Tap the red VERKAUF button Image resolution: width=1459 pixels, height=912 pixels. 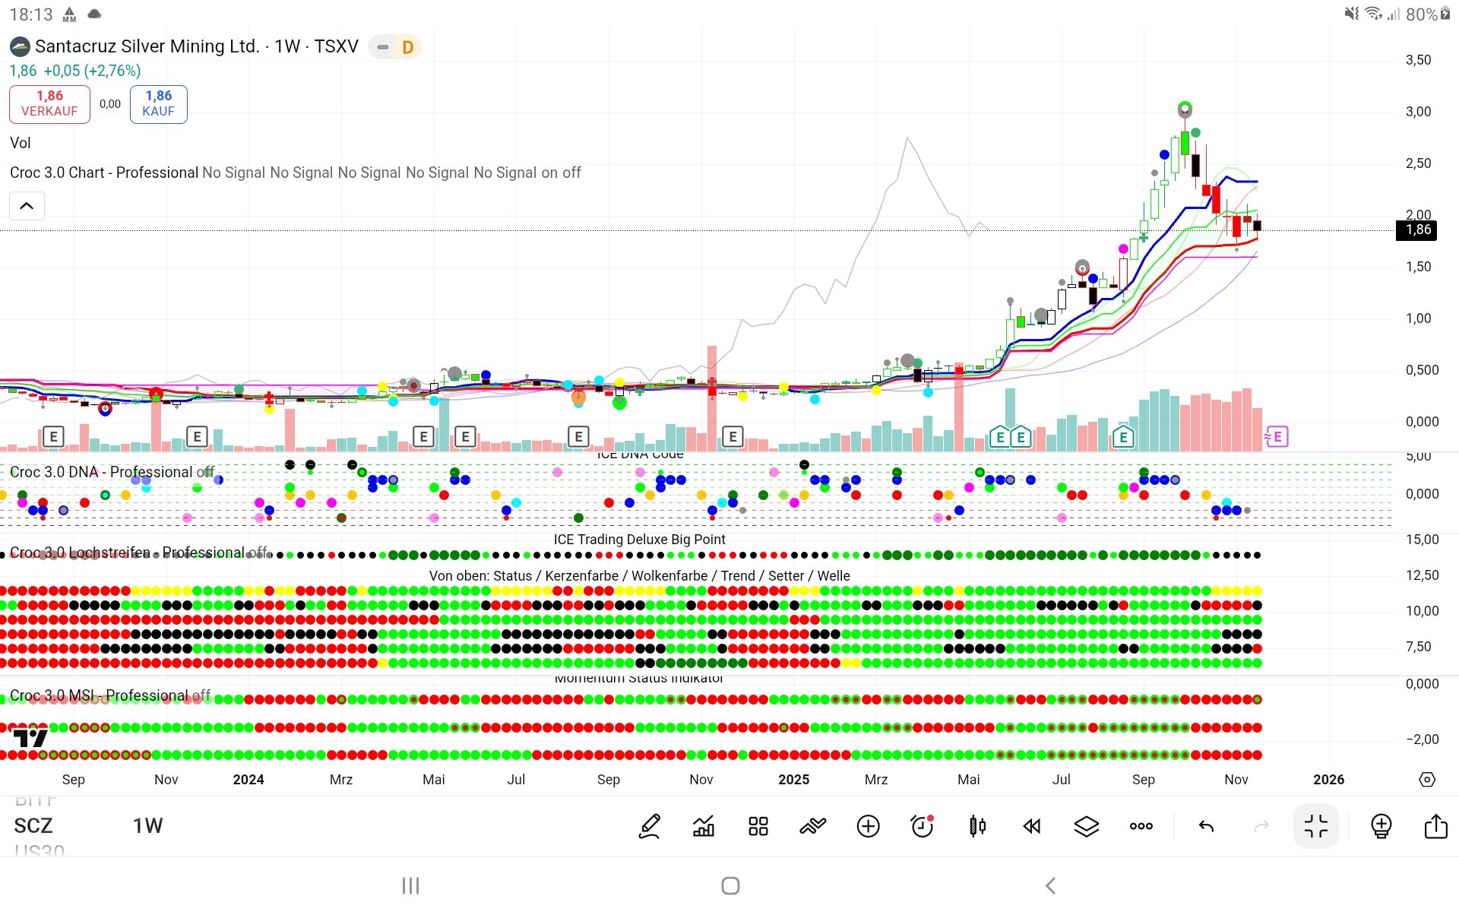pyautogui.click(x=49, y=104)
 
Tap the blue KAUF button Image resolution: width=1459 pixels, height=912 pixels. pyautogui.click(x=158, y=104)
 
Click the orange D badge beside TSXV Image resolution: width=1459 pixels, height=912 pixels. pyautogui.click(x=407, y=48)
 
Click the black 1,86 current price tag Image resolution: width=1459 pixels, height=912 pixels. pyautogui.click(x=1417, y=230)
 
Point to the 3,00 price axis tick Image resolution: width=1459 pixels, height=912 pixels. pyautogui.click(x=1418, y=112)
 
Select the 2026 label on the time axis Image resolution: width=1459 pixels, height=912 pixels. pyautogui.click(x=1328, y=780)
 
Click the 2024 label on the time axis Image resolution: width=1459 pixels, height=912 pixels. pyautogui.click(x=248, y=780)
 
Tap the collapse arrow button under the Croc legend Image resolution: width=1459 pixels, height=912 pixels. pyautogui.click(x=27, y=206)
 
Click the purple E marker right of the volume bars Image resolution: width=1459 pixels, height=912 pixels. pyautogui.click(x=1277, y=437)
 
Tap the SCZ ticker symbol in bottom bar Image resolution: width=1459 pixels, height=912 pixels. pyautogui.click(x=33, y=826)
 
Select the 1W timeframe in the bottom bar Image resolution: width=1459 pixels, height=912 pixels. pyautogui.click(x=147, y=826)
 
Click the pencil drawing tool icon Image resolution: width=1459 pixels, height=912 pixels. pyautogui.click(x=650, y=826)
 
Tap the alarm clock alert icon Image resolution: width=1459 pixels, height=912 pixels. pyautogui.click(x=923, y=826)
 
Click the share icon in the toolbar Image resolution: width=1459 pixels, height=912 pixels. pyautogui.click(x=1435, y=826)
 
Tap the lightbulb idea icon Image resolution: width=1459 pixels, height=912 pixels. pyautogui.click(x=1381, y=826)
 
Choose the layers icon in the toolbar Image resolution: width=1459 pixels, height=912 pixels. pyautogui.click(x=1087, y=826)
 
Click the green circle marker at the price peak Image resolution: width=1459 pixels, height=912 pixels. pyautogui.click(x=1185, y=108)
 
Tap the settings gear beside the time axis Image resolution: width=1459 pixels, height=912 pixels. pyautogui.click(x=1427, y=780)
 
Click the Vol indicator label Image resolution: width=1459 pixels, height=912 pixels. pyautogui.click(x=21, y=143)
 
